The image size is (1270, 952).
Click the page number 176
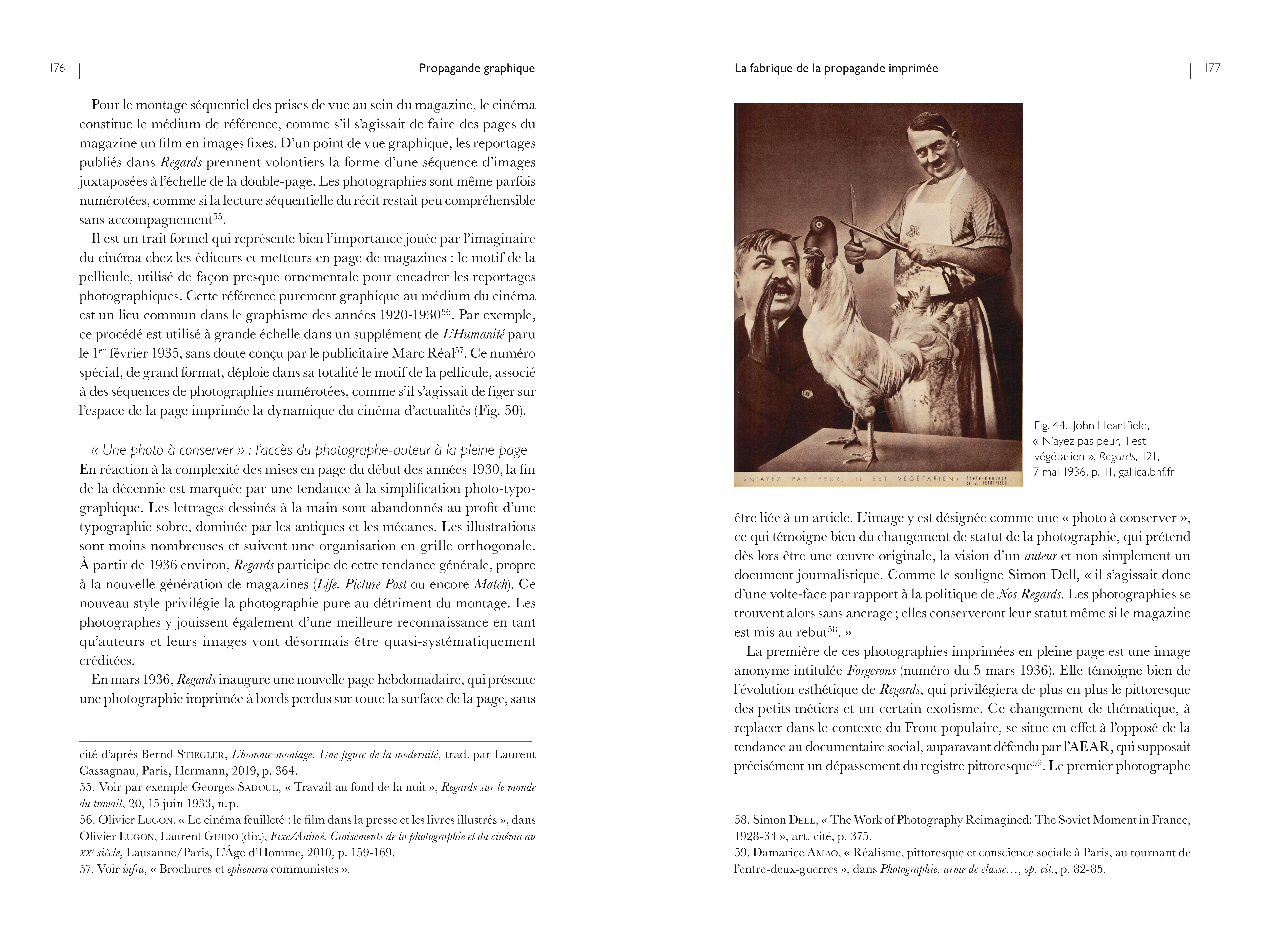pyautogui.click(x=57, y=68)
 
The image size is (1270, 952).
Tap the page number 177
pyautogui.click(x=1212, y=68)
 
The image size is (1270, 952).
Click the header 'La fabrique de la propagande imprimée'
pyautogui.click(x=836, y=68)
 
